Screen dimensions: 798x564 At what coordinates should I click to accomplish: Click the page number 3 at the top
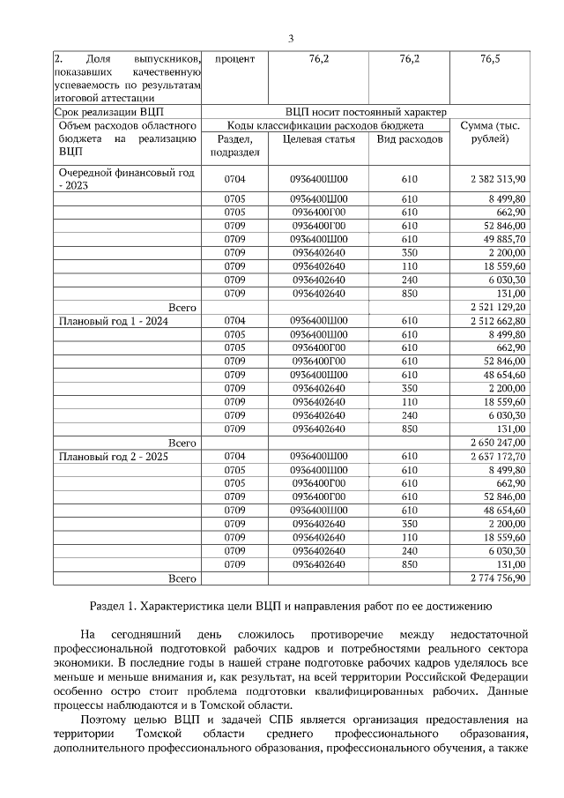(290, 37)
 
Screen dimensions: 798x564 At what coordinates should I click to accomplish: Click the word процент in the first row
(234, 59)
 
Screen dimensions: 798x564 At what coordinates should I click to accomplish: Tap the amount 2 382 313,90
(498, 179)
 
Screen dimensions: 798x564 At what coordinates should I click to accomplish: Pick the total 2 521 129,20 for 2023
(498, 306)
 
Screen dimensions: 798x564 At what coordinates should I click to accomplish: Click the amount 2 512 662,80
(498, 321)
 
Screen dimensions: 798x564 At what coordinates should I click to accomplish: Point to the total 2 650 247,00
(498, 442)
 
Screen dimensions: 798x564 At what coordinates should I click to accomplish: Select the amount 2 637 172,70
(498, 457)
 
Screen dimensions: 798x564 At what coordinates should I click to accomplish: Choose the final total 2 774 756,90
(498, 578)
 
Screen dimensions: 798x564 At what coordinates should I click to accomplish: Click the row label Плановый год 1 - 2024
(113, 321)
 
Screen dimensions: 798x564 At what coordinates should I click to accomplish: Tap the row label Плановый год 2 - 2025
(113, 457)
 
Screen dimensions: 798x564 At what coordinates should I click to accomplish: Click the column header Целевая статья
(319, 139)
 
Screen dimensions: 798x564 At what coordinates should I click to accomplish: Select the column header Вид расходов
(409, 139)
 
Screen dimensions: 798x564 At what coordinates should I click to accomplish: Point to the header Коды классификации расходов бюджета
(324, 125)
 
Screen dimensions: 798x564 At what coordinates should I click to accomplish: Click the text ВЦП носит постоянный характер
(366, 112)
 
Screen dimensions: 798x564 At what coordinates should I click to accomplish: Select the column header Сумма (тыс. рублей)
(490, 132)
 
